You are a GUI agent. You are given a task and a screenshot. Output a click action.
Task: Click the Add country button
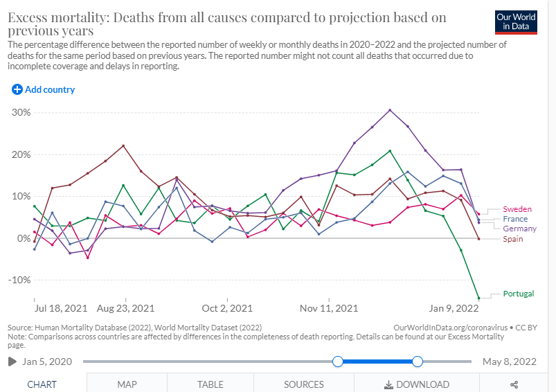point(43,89)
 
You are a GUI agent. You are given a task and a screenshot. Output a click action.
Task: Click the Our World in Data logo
point(517,21)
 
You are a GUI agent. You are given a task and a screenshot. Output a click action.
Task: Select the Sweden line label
point(517,208)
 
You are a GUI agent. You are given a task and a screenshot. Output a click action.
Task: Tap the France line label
point(515,219)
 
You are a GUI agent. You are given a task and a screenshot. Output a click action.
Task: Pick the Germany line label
point(519,229)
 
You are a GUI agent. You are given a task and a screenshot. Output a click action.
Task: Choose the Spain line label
point(513,239)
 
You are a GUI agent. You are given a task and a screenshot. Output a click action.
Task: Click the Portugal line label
point(519,294)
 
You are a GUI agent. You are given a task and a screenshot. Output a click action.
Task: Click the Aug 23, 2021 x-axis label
point(126,308)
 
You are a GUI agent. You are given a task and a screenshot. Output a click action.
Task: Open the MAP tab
point(127,384)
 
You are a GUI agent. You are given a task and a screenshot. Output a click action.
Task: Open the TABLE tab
point(210,384)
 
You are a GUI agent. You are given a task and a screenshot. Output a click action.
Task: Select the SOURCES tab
point(303,384)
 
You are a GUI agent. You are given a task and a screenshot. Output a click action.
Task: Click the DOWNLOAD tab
point(418,384)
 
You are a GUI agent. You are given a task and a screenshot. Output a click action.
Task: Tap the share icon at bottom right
point(514,384)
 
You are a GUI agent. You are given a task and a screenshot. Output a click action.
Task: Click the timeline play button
point(12,362)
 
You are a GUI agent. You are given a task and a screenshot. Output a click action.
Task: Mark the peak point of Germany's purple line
point(391,110)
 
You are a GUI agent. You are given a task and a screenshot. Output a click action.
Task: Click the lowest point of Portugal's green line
point(478,298)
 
